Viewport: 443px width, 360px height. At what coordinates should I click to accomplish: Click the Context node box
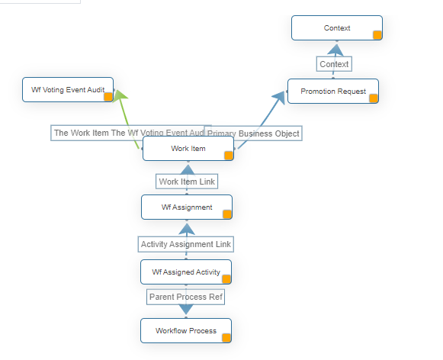click(336, 28)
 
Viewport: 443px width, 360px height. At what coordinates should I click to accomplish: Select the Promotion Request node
click(332, 92)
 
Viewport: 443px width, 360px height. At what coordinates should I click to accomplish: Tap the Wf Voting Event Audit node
click(68, 90)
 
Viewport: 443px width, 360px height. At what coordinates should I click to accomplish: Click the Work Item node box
click(188, 149)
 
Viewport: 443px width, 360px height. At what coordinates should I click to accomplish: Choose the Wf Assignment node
click(186, 207)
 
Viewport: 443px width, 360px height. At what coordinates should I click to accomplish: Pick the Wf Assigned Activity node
click(186, 272)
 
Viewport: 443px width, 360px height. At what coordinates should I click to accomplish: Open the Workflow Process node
click(185, 331)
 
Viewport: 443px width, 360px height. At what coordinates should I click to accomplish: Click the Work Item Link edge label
click(187, 182)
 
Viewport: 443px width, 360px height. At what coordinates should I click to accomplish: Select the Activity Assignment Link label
click(186, 244)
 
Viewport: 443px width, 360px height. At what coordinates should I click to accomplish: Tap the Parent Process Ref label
click(186, 297)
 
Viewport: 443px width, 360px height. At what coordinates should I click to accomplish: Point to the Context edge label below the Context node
click(334, 64)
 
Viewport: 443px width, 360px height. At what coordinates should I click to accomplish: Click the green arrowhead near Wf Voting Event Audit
click(120, 94)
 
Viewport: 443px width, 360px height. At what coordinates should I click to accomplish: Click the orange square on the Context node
click(377, 34)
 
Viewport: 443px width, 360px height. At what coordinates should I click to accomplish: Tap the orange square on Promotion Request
click(374, 98)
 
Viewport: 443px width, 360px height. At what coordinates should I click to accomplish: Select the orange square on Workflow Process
click(226, 337)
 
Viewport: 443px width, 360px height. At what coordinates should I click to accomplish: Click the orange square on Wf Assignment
click(226, 214)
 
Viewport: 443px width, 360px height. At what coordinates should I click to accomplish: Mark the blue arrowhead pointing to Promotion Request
click(279, 95)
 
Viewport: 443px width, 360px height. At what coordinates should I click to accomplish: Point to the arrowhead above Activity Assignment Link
click(186, 227)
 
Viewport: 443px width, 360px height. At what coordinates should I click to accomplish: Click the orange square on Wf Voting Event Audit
click(108, 96)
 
